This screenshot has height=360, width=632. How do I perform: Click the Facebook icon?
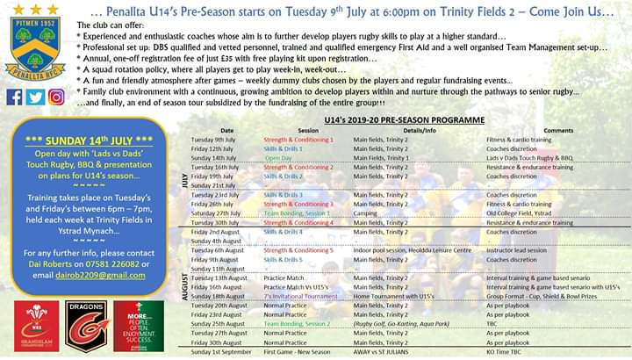pyautogui.click(x=14, y=97)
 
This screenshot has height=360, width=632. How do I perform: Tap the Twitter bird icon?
pyautogui.click(x=35, y=97)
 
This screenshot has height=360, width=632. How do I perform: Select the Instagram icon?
pyautogui.click(x=56, y=97)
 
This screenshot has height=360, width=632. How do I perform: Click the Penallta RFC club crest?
pyautogui.click(x=34, y=47)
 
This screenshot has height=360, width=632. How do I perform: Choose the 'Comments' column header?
pyautogui.click(x=557, y=131)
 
